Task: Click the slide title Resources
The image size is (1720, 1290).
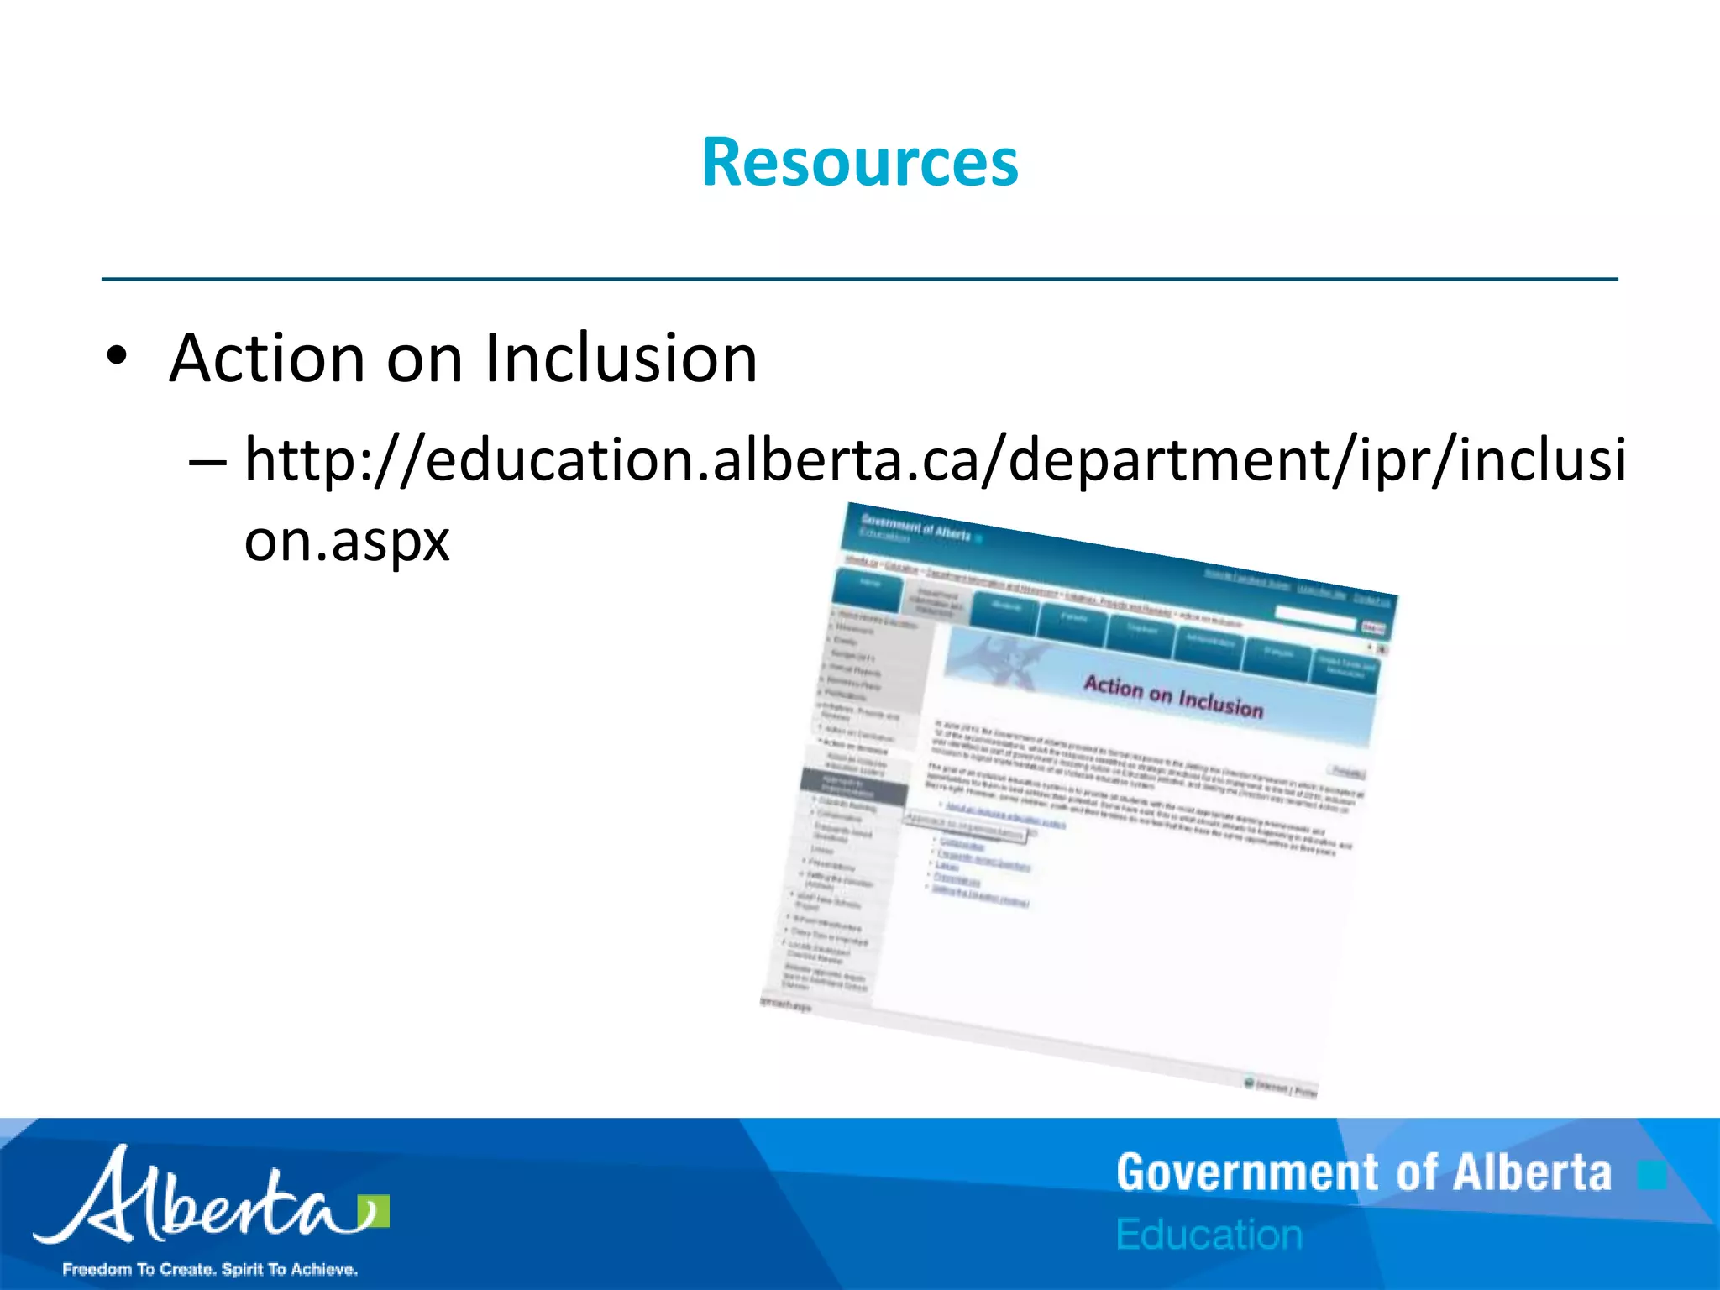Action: point(860,162)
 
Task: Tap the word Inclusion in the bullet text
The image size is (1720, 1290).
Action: point(621,359)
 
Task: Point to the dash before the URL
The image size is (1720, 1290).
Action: point(207,462)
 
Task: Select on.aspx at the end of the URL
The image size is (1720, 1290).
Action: point(347,541)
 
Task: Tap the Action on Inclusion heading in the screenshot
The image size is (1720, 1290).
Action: point(1173,697)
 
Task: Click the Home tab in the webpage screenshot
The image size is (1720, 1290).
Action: point(869,583)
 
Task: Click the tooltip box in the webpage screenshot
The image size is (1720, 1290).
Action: point(965,826)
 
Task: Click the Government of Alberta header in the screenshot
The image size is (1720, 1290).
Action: point(915,527)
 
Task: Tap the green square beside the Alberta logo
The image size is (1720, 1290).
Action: point(374,1210)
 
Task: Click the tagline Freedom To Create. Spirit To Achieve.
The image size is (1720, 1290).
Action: point(210,1269)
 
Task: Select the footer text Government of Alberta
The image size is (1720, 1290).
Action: point(1364,1173)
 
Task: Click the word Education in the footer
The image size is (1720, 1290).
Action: point(1209,1235)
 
